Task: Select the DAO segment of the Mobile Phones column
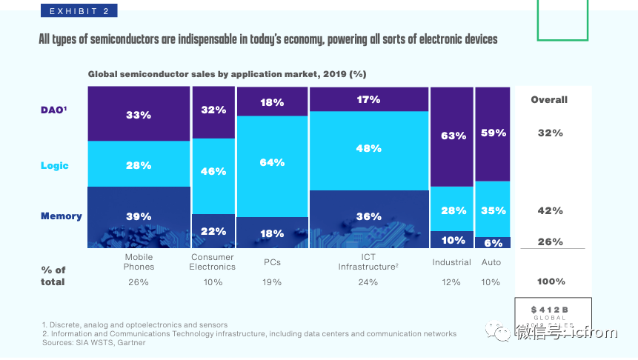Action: tap(139, 114)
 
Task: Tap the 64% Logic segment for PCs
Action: tap(272, 162)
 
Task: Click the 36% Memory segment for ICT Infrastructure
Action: tap(368, 218)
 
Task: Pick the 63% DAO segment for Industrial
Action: tap(452, 136)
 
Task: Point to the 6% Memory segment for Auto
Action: tap(493, 242)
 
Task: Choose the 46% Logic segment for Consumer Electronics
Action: tap(213, 171)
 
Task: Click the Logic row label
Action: tap(54, 166)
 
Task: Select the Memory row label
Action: tap(61, 216)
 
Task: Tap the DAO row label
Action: tap(53, 110)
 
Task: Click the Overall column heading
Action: tap(549, 100)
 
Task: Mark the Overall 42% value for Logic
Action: tap(550, 211)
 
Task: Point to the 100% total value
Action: tap(550, 281)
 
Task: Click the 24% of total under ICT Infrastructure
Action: tap(368, 282)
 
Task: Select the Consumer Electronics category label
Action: tap(213, 262)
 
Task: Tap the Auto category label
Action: tap(491, 262)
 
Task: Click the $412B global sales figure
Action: tap(549, 308)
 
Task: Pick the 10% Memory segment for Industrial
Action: tap(452, 240)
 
